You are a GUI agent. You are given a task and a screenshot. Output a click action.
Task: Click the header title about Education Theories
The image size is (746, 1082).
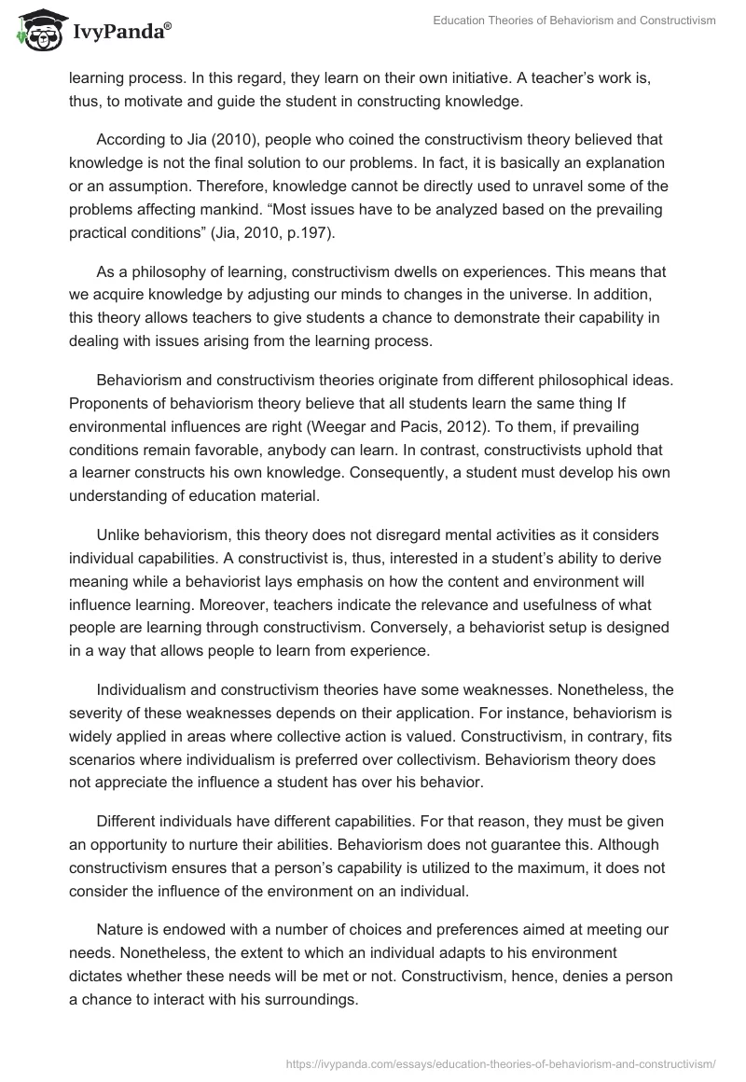coord(574,20)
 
